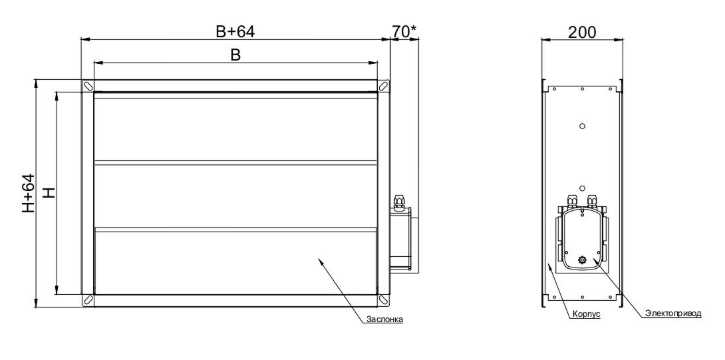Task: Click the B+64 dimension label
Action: [235, 31]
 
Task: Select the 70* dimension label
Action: [404, 31]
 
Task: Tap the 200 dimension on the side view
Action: [582, 32]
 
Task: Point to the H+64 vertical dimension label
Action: [29, 193]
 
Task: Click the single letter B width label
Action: [235, 55]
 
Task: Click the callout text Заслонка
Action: [384, 319]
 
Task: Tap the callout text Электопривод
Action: [673, 313]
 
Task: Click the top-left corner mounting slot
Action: [88, 86]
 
